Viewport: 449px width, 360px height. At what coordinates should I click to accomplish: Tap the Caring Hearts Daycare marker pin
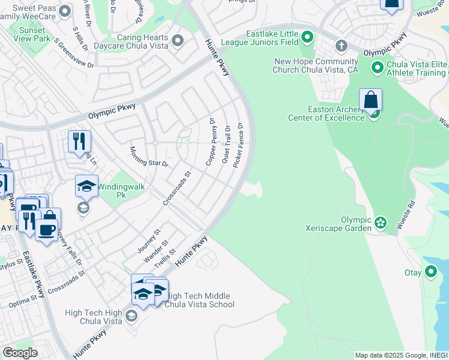pyautogui.click(x=177, y=41)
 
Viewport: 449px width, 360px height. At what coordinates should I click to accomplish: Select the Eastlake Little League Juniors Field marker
pyautogui.click(x=307, y=38)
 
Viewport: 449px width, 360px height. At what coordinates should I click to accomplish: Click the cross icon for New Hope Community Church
pyautogui.click(x=341, y=46)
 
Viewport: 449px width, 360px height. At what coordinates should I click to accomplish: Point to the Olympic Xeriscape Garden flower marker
pyautogui.click(x=381, y=223)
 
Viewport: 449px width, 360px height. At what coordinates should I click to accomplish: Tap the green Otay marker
pyautogui.click(x=430, y=272)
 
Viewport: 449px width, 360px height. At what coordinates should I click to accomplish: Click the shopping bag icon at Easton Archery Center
pyautogui.click(x=371, y=100)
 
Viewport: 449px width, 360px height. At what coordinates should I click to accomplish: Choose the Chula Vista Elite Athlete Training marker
pyautogui.click(x=378, y=68)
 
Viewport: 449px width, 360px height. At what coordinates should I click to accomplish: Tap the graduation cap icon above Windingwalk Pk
pyautogui.click(x=86, y=185)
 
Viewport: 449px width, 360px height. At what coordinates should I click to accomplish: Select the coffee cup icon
pyautogui.click(x=47, y=229)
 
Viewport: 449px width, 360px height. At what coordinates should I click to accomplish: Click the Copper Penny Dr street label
pyautogui.click(x=211, y=142)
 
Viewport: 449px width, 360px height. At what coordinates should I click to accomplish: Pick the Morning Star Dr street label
pyautogui.click(x=149, y=156)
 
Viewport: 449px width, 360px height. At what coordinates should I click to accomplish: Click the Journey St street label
pyautogui.click(x=150, y=240)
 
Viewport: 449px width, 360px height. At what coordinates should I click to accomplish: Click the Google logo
pyautogui.click(x=19, y=353)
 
